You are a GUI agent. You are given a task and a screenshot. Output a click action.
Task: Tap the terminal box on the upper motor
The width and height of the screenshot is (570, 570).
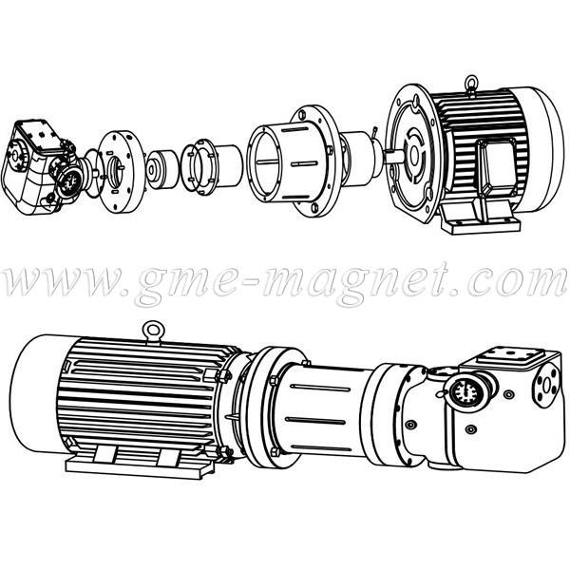tap(497, 167)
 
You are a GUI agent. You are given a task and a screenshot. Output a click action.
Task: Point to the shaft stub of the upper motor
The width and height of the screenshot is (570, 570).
tap(393, 158)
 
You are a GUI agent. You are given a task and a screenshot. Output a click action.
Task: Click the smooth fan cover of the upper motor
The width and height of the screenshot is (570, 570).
tap(538, 150)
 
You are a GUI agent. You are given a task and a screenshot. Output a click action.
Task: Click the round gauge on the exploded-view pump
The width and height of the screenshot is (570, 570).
tap(69, 181)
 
